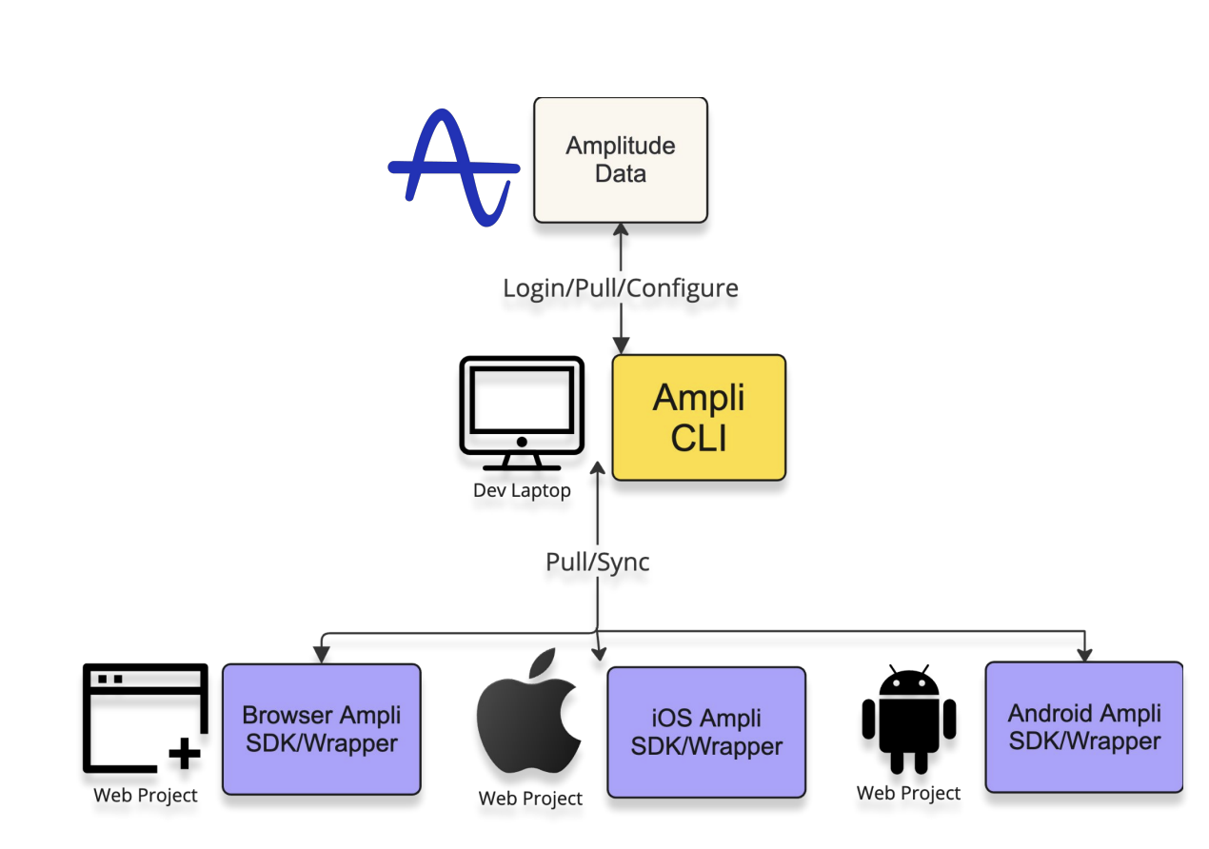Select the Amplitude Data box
(x=621, y=160)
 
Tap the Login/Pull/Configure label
(x=621, y=287)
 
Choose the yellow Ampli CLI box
(x=699, y=417)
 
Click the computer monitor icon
(x=521, y=413)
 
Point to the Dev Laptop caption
(x=522, y=491)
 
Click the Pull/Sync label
(x=598, y=562)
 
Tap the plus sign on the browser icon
(x=185, y=754)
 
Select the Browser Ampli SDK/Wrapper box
(x=322, y=729)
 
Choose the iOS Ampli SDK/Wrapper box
(x=706, y=732)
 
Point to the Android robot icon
(x=909, y=721)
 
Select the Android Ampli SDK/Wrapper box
(x=1084, y=727)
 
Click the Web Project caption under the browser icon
(x=146, y=795)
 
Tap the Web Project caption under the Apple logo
(x=530, y=798)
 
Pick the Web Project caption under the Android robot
(x=909, y=793)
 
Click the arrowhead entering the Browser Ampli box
(x=322, y=656)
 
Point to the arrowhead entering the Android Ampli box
(x=1084, y=654)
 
